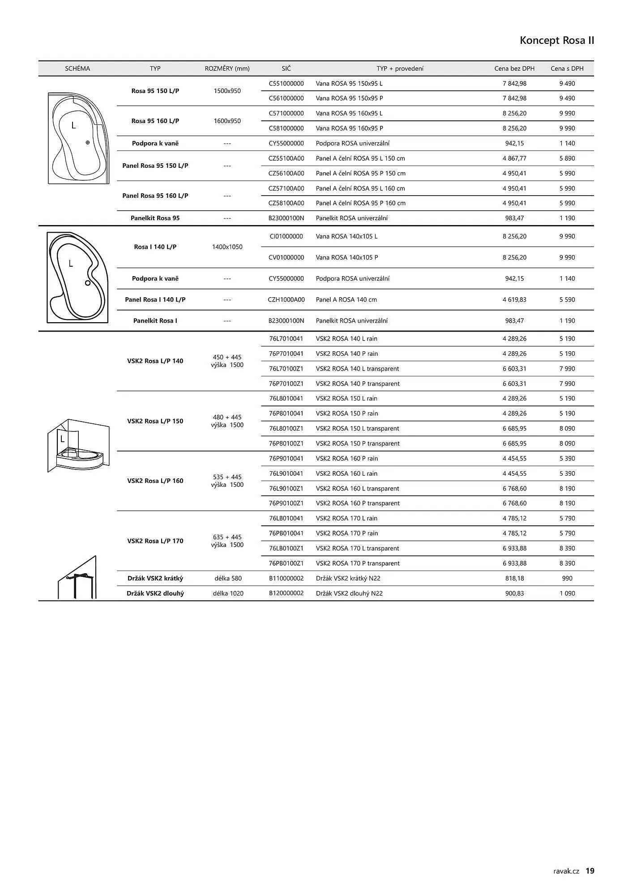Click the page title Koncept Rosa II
557,41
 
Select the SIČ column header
286,68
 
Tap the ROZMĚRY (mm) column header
227,68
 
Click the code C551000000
286,84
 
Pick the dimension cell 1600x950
227,121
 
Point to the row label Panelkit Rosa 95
155,218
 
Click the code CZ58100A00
286,203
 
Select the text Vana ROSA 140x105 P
347,258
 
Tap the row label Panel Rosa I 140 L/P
155,300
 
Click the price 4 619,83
514,300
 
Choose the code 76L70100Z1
286,369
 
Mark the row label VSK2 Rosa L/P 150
155,421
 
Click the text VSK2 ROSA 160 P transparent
358,503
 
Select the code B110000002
286,579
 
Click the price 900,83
514,593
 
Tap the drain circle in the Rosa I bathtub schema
88,283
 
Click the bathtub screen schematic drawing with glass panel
78,445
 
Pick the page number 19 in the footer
590,871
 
